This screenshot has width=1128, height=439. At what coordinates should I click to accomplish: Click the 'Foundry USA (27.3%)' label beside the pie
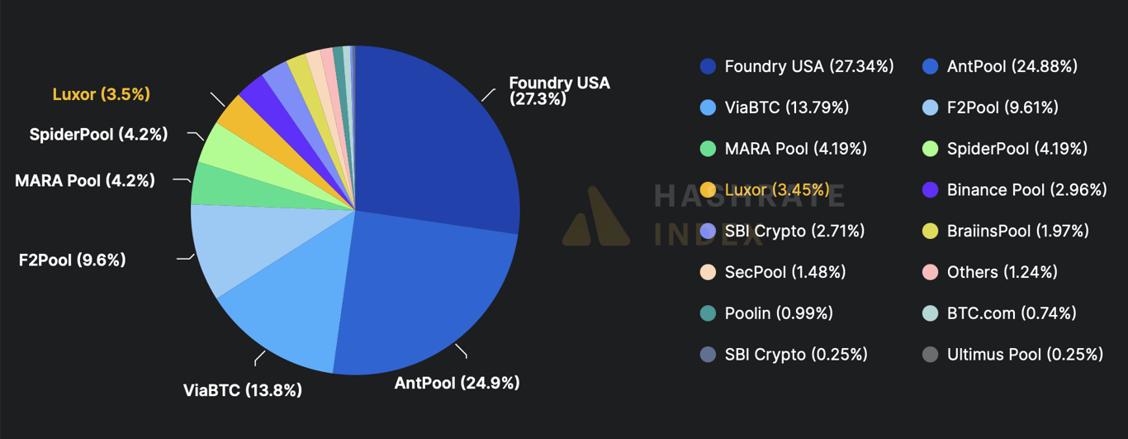[x=559, y=91]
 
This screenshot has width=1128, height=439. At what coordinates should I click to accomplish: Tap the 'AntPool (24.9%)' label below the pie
[x=457, y=383]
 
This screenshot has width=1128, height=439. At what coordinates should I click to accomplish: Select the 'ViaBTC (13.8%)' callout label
[x=242, y=390]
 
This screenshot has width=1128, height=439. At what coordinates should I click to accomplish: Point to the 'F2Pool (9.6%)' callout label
[x=72, y=260]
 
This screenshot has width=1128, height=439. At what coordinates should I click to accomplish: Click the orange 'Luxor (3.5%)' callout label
[x=102, y=94]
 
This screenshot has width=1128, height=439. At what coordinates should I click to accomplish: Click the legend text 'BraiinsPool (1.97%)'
[x=1017, y=231]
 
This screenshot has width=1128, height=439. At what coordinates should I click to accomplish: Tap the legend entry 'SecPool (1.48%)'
[x=772, y=272]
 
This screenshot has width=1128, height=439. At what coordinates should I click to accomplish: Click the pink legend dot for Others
[x=930, y=272]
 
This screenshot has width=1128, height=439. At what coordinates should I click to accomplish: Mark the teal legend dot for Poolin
[x=708, y=313]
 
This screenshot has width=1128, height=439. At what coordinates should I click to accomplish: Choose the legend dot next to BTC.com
[x=930, y=313]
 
